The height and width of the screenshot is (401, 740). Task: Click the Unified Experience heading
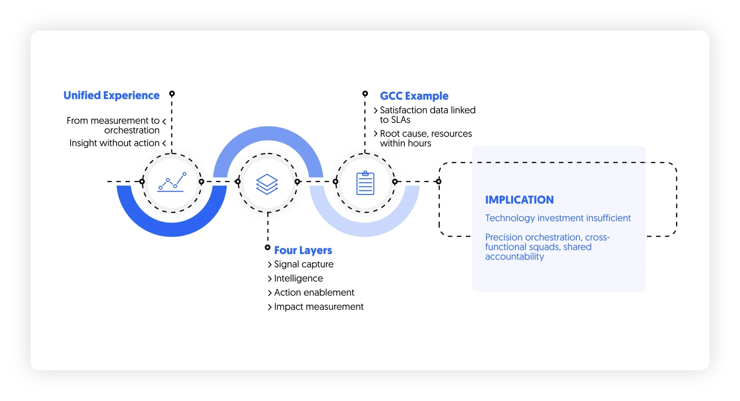(x=111, y=96)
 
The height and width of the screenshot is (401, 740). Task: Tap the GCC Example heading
(x=414, y=96)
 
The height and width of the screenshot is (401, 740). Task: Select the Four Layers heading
(x=303, y=250)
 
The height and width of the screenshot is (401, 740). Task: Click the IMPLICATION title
(x=519, y=200)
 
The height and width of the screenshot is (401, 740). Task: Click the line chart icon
(x=172, y=182)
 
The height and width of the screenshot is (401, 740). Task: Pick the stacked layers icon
(x=267, y=184)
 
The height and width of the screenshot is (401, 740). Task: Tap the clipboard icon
(x=365, y=183)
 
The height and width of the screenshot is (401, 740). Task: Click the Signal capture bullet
(x=303, y=264)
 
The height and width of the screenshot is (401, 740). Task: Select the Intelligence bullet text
(x=298, y=278)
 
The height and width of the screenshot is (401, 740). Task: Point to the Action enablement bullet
(x=314, y=293)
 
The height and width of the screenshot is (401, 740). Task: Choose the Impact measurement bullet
(x=319, y=307)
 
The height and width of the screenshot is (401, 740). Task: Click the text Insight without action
(x=114, y=143)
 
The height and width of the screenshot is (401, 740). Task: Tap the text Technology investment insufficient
(x=558, y=218)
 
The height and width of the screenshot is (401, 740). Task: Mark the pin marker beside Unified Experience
(x=172, y=94)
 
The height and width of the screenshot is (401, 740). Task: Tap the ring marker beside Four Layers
(x=268, y=247)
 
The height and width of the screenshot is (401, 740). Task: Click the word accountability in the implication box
(x=514, y=257)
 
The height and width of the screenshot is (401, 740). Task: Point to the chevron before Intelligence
(x=270, y=279)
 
